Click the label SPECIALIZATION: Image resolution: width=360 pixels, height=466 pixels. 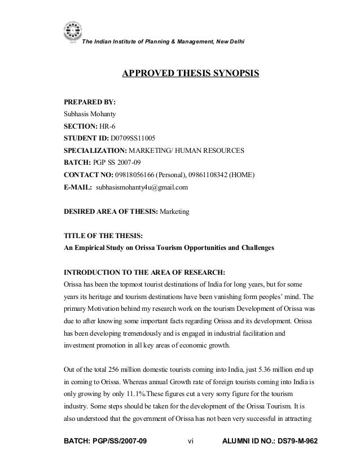tap(96, 151)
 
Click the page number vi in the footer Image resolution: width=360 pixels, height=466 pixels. tap(190, 450)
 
